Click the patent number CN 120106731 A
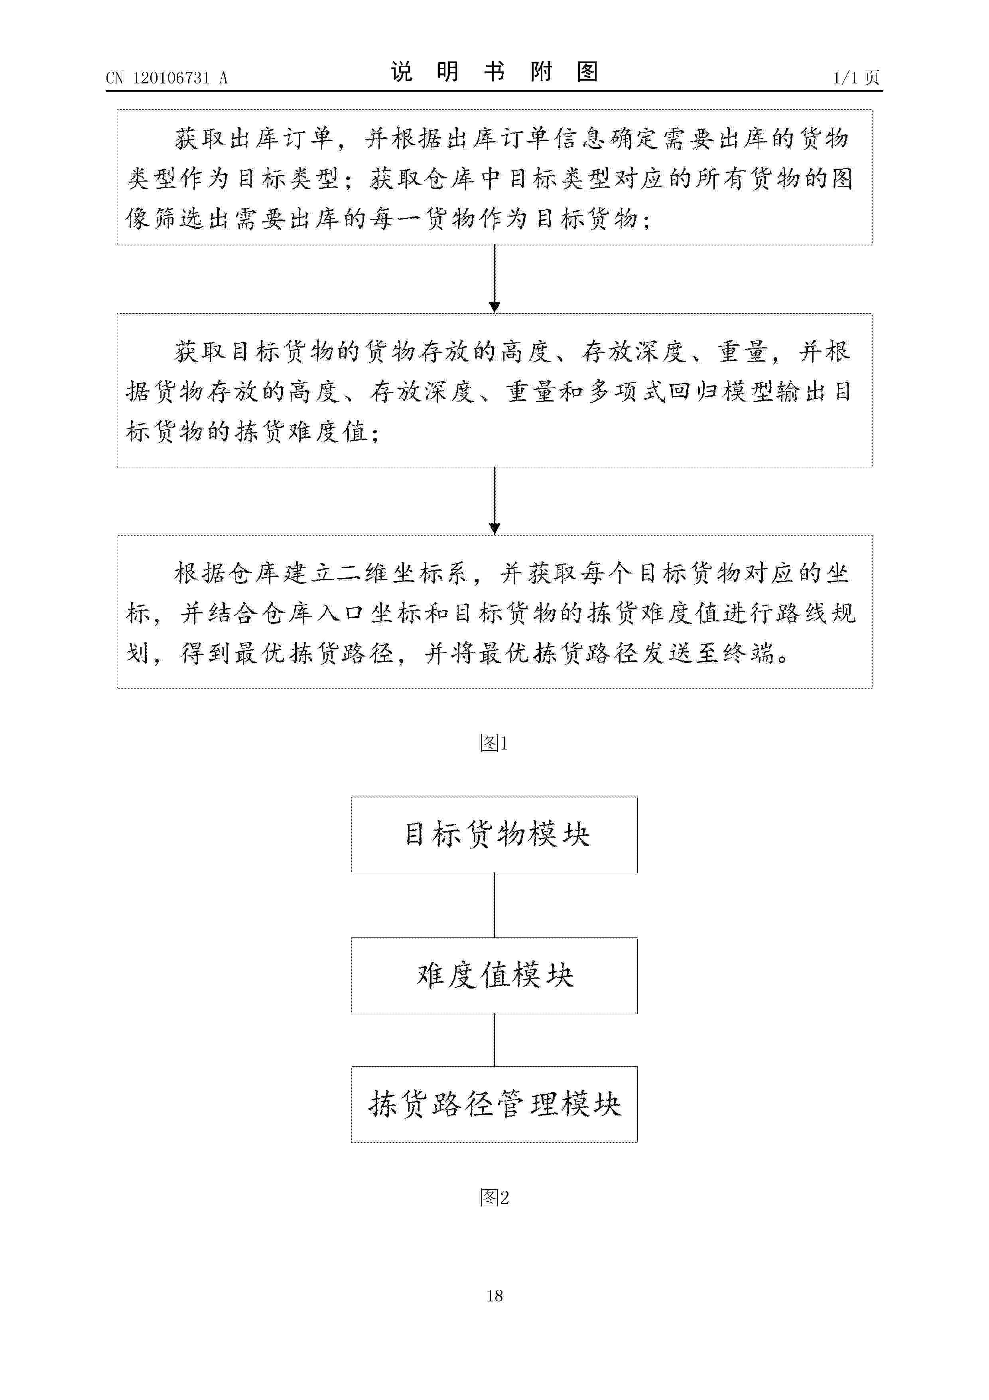(166, 78)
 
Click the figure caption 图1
(494, 743)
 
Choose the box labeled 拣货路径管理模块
(494, 1104)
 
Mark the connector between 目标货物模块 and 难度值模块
(494, 906)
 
